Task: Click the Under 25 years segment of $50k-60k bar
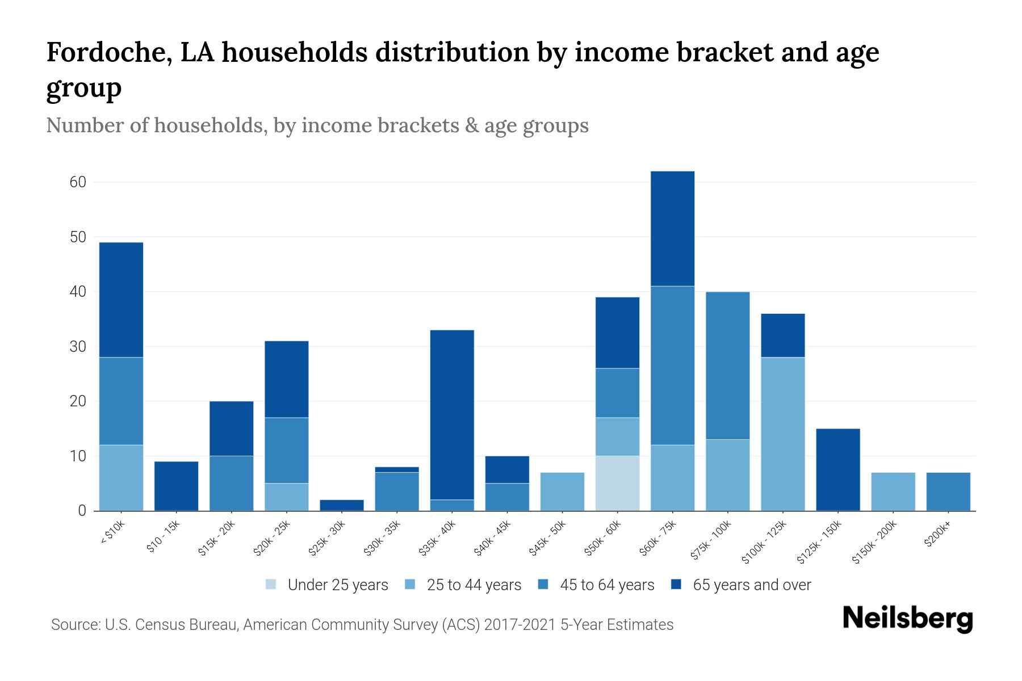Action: pos(617,483)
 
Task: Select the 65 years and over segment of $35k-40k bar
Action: pos(452,414)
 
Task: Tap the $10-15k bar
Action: pos(176,486)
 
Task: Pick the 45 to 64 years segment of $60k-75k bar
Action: pos(672,365)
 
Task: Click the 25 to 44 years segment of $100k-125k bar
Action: pos(782,434)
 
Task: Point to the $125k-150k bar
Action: pos(837,469)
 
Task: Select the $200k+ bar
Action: pos(948,491)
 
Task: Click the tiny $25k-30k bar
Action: pos(342,505)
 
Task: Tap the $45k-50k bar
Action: pos(562,491)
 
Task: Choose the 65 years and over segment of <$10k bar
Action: pos(121,300)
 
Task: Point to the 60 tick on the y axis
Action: pos(78,182)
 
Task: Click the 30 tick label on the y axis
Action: pos(78,347)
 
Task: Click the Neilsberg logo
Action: pos(907,619)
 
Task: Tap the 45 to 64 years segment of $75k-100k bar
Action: pos(727,365)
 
